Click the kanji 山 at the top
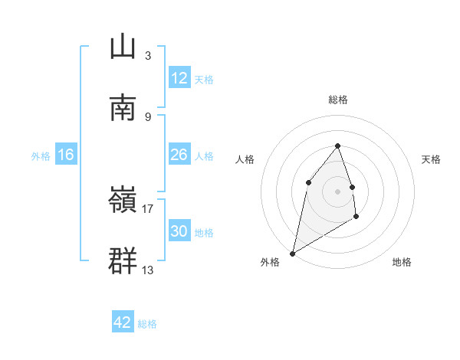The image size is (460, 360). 123,47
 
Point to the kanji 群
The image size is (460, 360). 123,260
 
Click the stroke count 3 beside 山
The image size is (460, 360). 147,55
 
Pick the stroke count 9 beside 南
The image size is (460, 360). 147,116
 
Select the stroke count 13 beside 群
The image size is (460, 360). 148,270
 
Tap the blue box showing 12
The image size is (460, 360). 179,78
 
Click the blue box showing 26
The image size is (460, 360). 179,155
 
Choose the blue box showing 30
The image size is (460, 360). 179,231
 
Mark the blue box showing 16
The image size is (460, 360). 66,155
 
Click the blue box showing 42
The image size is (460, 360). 123,322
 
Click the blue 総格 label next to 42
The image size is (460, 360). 147,324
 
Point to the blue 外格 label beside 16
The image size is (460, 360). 41,156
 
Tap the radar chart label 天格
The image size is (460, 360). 431,159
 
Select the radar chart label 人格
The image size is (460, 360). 245,159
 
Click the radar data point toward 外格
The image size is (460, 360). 292,253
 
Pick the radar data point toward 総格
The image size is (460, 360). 337,146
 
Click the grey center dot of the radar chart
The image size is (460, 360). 337,191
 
